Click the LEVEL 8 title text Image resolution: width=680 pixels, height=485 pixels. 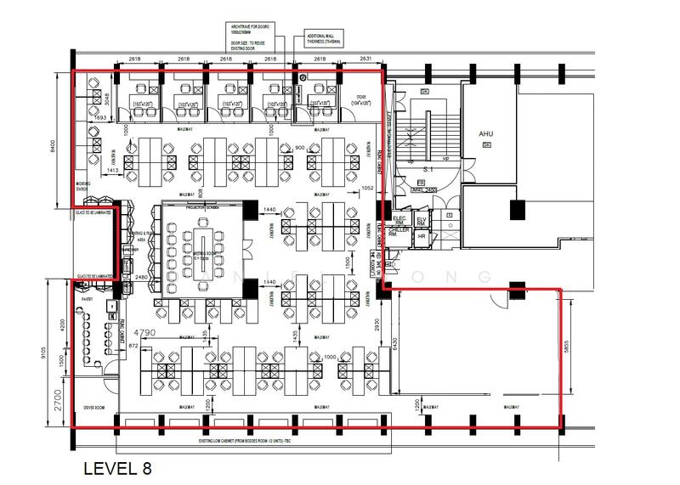coord(117,468)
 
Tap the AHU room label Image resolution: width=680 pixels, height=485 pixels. coord(485,134)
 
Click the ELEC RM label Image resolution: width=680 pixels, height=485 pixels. coord(399,220)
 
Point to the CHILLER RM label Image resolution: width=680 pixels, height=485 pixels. coord(399,232)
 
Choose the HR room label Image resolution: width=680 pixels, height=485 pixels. coord(422,235)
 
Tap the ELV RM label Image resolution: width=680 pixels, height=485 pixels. coord(422,220)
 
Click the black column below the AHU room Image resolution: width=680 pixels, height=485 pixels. coord(514,210)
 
